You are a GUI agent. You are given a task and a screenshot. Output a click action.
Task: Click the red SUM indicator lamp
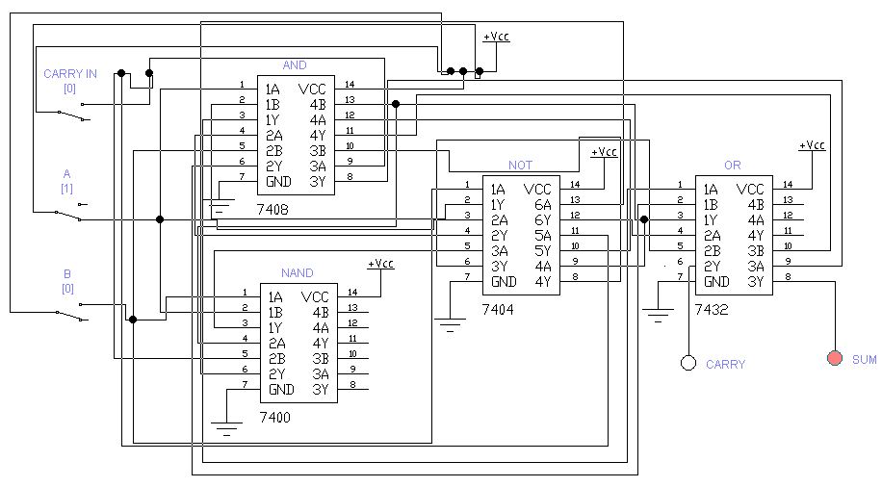pyautogui.click(x=835, y=358)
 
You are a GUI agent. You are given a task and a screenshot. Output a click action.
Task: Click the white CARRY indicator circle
pyautogui.click(x=688, y=363)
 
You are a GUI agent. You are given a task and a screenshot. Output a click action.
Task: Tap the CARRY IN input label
pyautogui.click(x=70, y=74)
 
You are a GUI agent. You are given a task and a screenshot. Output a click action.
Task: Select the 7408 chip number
pyautogui.click(x=272, y=209)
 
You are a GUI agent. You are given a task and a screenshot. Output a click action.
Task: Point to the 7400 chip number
pyautogui.click(x=275, y=418)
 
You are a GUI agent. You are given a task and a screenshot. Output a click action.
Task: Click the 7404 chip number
pyautogui.click(x=498, y=309)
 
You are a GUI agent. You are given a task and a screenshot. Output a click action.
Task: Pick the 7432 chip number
pyautogui.click(x=711, y=309)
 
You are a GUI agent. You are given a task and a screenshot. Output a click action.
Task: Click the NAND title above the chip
pyautogui.click(x=297, y=272)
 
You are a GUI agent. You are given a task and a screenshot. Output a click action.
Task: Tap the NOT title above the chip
pyautogui.click(x=520, y=165)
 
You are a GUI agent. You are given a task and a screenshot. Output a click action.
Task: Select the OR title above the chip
pyautogui.click(x=733, y=165)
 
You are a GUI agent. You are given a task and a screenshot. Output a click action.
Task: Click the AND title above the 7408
pyautogui.click(x=295, y=65)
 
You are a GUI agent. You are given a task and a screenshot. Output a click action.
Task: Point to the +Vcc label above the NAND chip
pyautogui.click(x=380, y=263)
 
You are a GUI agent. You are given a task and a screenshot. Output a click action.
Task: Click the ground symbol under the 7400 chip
pyautogui.click(x=226, y=427)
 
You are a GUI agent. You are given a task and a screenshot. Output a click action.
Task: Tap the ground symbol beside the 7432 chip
pyautogui.click(x=658, y=315)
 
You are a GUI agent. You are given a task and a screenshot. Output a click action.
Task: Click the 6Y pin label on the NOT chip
pyautogui.click(x=543, y=219)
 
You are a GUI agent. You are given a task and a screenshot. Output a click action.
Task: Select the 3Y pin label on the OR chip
pyautogui.click(x=756, y=281)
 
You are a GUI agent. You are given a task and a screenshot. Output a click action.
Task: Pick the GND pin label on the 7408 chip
pyautogui.click(x=278, y=182)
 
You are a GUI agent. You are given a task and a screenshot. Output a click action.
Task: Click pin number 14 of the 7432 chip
pyautogui.click(x=788, y=185)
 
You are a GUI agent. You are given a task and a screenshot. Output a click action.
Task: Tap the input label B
pyautogui.click(x=67, y=274)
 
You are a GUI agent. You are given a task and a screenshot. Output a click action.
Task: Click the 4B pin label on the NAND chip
pyautogui.click(x=321, y=312)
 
